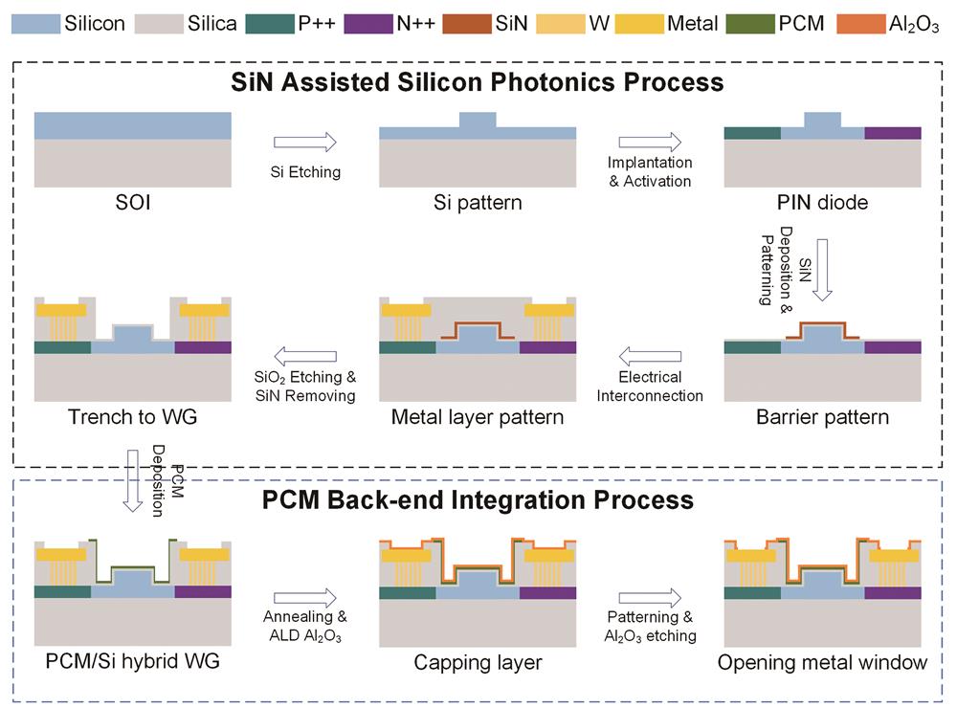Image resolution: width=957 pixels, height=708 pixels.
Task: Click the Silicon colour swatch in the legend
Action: click(x=35, y=23)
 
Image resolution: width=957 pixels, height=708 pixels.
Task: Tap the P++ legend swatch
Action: click(x=270, y=23)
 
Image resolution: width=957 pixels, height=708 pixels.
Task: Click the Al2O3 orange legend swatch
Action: click(x=861, y=23)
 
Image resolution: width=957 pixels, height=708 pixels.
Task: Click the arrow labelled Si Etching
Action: click(x=305, y=143)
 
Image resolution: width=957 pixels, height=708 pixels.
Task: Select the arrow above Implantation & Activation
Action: click(x=650, y=143)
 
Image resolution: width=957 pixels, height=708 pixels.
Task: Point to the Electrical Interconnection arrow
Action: click(x=650, y=357)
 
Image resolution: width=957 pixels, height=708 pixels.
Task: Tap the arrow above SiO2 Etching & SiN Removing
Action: click(x=305, y=357)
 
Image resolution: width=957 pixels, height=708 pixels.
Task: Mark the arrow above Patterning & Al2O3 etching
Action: click(x=650, y=596)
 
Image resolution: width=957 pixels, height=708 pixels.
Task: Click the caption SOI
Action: click(x=132, y=203)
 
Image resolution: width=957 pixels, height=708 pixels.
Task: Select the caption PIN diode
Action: click(x=823, y=203)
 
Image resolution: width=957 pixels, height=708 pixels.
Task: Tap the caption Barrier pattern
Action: click(x=823, y=417)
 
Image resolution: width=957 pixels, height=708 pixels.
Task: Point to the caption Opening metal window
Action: click(x=823, y=662)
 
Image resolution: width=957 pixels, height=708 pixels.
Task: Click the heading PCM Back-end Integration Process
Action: click(x=478, y=499)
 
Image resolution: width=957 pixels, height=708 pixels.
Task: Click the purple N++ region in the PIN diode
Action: click(x=893, y=133)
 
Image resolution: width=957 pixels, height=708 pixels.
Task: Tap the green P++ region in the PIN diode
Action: click(x=752, y=133)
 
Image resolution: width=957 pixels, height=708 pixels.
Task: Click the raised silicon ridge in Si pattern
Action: click(x=478, y=121)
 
